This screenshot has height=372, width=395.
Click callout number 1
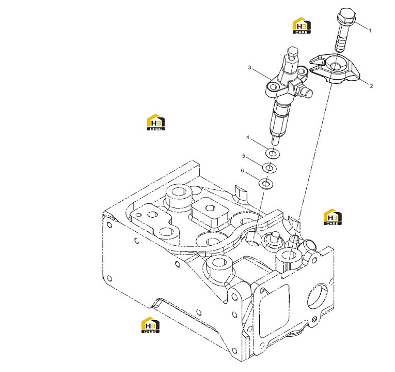click(370, 31)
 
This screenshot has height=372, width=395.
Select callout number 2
click(371, 86)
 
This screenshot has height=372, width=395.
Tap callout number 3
click(249, 68)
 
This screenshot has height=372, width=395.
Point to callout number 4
click(248, 138)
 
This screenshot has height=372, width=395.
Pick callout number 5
click(244, 156)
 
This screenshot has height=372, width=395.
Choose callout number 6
click(242, 171)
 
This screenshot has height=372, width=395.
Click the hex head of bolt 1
click(346, 15)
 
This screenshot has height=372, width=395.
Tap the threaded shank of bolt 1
click(342, 38)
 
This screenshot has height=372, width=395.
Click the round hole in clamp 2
click(336, 66)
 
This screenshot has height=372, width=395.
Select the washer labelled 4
click(272, 153)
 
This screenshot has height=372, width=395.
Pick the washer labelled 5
click(270, 168)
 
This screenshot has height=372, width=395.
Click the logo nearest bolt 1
click(302, 25)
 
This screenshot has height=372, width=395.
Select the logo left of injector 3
click(156, 122)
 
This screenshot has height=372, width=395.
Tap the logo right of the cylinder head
click(333, 217)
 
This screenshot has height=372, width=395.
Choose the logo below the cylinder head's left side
click(150, 325)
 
